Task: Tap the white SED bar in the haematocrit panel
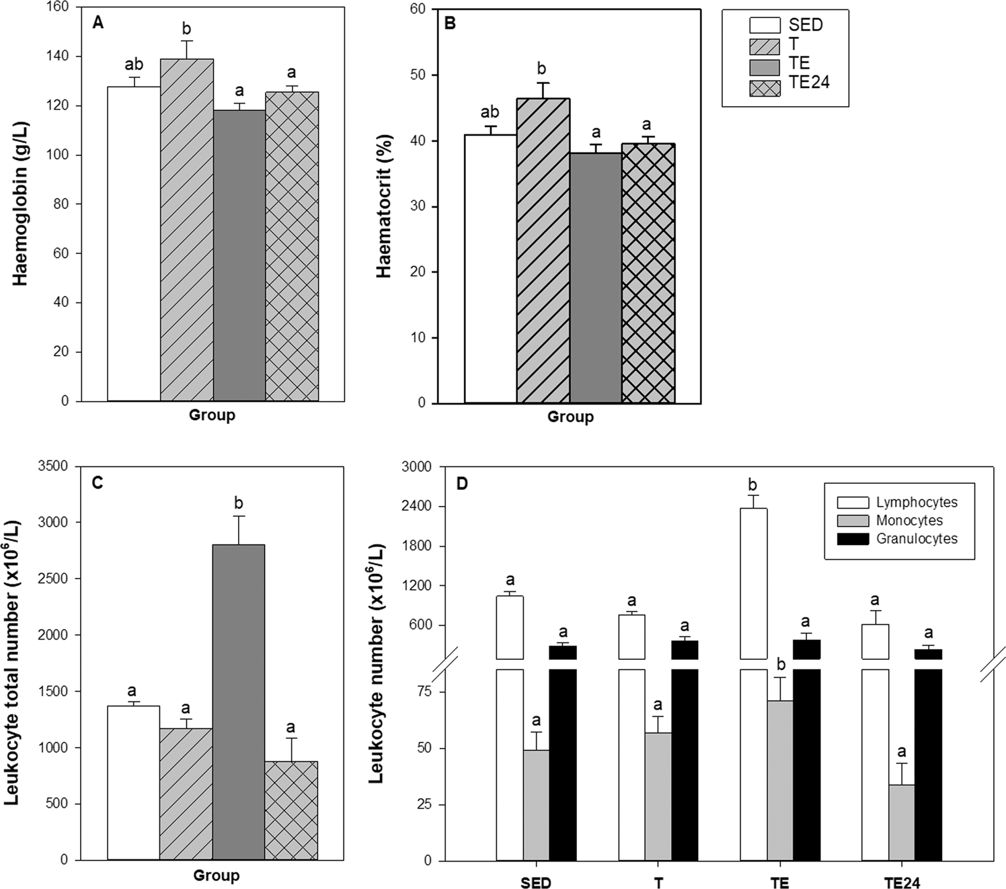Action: [490, 269]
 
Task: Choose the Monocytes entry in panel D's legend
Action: [909, 521]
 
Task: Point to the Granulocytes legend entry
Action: [917, 539]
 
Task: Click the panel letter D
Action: [462, 484]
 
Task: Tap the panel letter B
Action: [450, 24]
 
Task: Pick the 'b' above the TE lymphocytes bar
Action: [752, 485]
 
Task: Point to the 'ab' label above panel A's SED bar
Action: [134, 65]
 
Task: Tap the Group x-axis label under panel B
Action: [570, 417]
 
